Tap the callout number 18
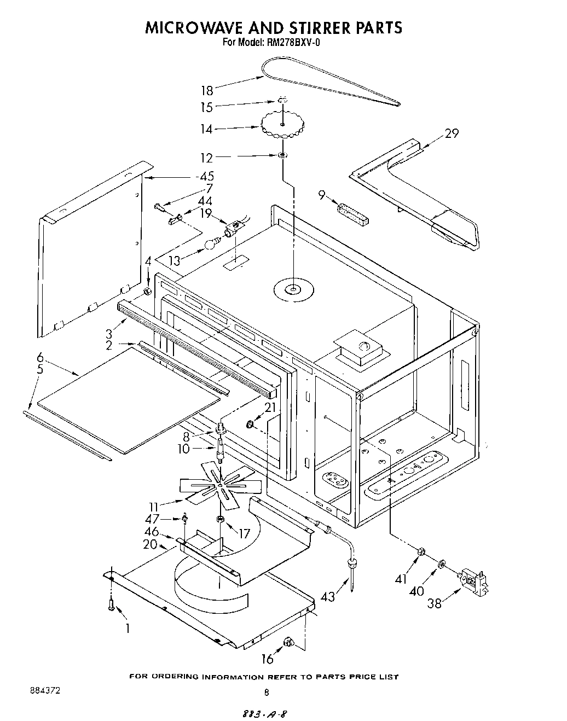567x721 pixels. (207, 91)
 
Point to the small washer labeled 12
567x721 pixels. (282, 156)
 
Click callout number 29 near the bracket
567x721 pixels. (452, 133)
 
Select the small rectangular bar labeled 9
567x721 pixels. (353, 214)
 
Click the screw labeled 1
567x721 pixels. (111, 604)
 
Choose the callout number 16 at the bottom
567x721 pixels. (267, 659)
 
